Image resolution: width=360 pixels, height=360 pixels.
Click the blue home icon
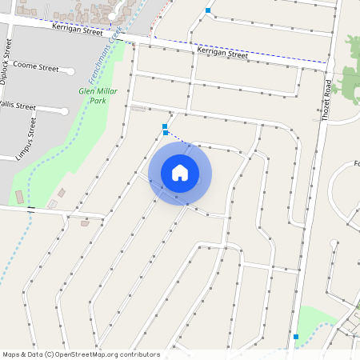tap(180, 172)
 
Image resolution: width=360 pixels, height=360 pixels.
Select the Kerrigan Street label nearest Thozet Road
tap(222, 54)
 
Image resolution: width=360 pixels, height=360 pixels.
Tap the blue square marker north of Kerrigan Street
tap(208, 10)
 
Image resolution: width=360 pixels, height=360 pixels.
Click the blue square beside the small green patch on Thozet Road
tap(296, 337)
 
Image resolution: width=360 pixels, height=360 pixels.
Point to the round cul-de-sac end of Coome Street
tap(71, 70)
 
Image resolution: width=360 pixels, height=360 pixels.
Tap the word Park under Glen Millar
tap(97, 102)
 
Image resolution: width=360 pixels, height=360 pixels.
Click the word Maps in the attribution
tap(11, 354)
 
